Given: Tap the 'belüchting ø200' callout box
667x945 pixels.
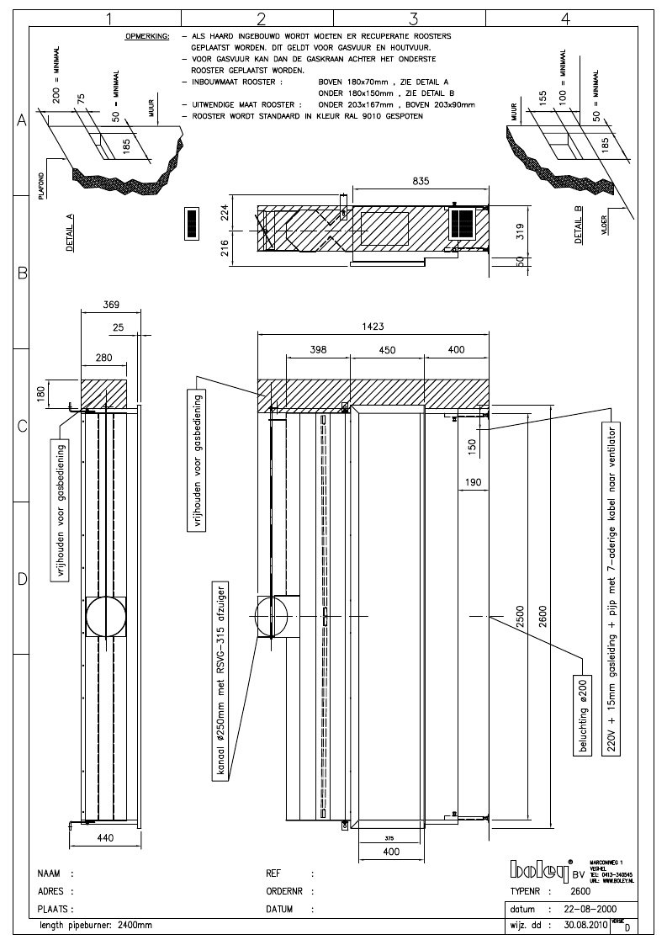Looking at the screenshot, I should pos(581,714).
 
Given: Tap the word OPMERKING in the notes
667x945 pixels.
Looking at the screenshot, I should pos(147,38).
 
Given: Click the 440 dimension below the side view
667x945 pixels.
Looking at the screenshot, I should pos(105,838).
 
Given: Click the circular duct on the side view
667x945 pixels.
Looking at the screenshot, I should pos(105,618).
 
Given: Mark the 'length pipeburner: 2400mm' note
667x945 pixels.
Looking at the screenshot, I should pos(97,925).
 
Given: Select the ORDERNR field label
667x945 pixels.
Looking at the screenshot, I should pos(283,890).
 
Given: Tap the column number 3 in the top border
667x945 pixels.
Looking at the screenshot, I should pos(413,17).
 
